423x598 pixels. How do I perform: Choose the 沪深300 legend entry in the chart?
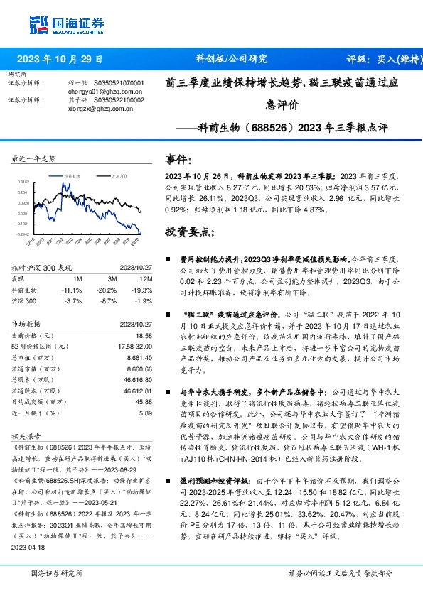coord(119,174)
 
